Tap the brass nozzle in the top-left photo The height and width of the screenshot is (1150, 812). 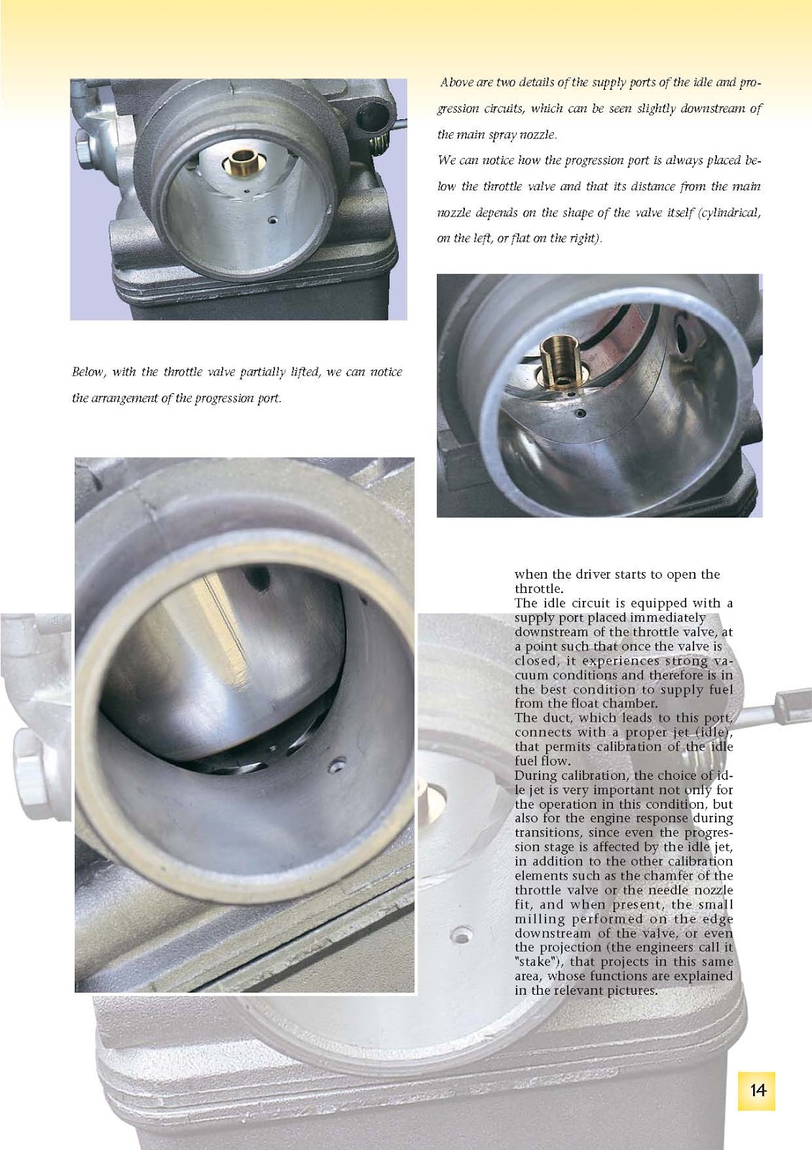(241, 162)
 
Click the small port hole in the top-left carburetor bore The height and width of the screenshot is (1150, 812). (274, 220)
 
